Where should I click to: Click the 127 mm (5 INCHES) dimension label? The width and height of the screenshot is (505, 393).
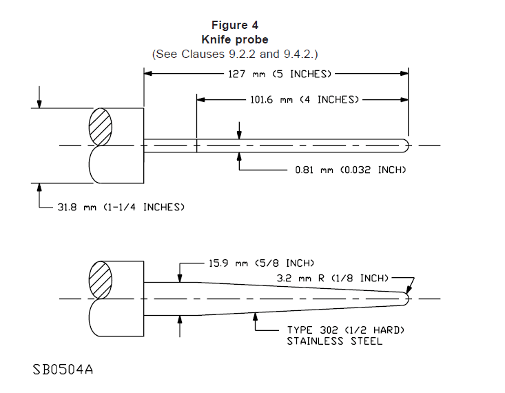pyautogui.click(x=279, y=73)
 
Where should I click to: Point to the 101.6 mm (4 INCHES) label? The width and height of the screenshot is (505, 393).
pyautogui.click(x=304, y=100)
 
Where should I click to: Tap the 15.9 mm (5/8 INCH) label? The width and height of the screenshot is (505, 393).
pyautogui.click(x=261, y=263)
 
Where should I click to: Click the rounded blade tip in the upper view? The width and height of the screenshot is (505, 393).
pyautogui.click(x=406, y=145)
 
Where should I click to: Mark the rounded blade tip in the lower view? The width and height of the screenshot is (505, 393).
pyautogui.click(x=406, y=299)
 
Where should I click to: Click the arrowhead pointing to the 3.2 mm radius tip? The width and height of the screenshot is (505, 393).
pyautogui.click(x=409, y=290)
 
